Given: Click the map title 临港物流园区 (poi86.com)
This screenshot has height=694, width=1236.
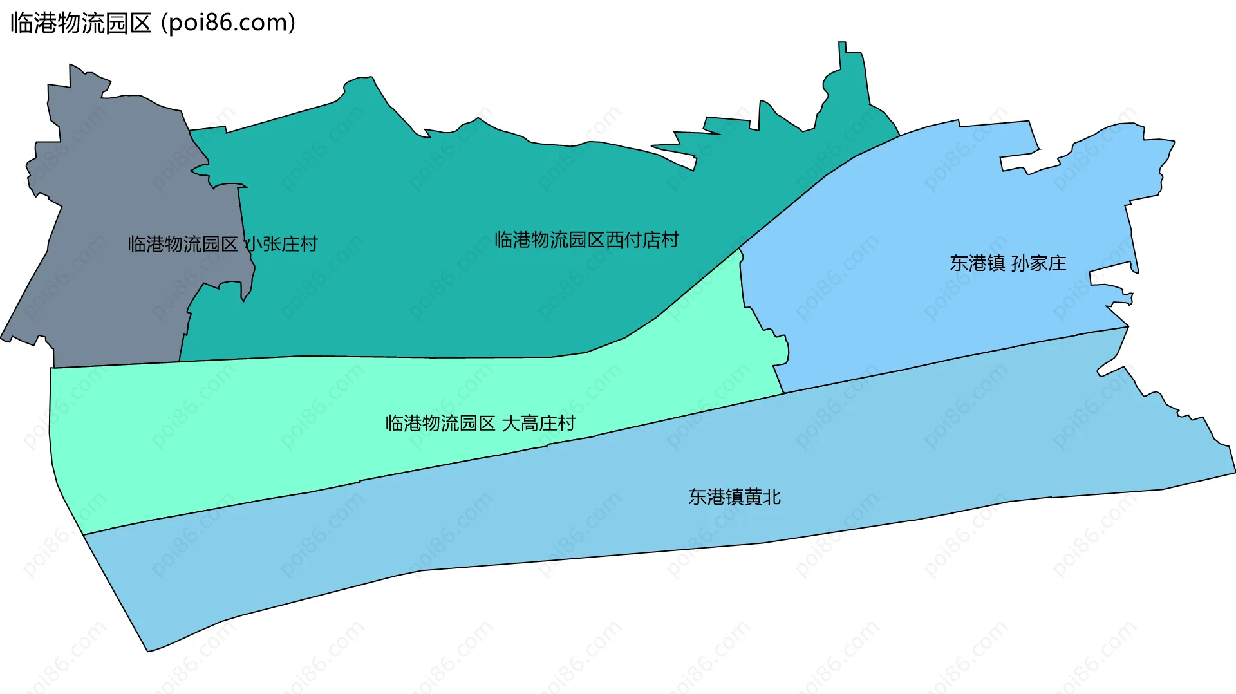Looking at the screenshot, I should pyautogui.click(x=153, y=23).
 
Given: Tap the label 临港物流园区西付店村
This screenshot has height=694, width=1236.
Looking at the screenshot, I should pyautogui.click(x=586, y=240).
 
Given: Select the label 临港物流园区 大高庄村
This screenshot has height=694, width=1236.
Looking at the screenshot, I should pyautogui.click(x=480, y=423).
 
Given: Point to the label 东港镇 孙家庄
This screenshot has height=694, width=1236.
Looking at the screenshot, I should pyautogui.click(x=1007, y=263).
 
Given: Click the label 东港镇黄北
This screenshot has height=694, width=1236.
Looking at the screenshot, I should pyautogui.click(x=735, y=497).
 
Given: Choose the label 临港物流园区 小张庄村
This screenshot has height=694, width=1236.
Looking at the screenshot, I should pyautogui.click(x=223, y=244).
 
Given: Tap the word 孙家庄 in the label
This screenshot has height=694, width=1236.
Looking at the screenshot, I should pyautogui.click(x=1038, y=263).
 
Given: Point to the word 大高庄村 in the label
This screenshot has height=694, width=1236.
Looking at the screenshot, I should pyautogui.click(x=538, y=423).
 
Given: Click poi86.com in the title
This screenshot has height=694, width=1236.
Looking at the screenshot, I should pyautogui.click(x=229, y=23).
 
